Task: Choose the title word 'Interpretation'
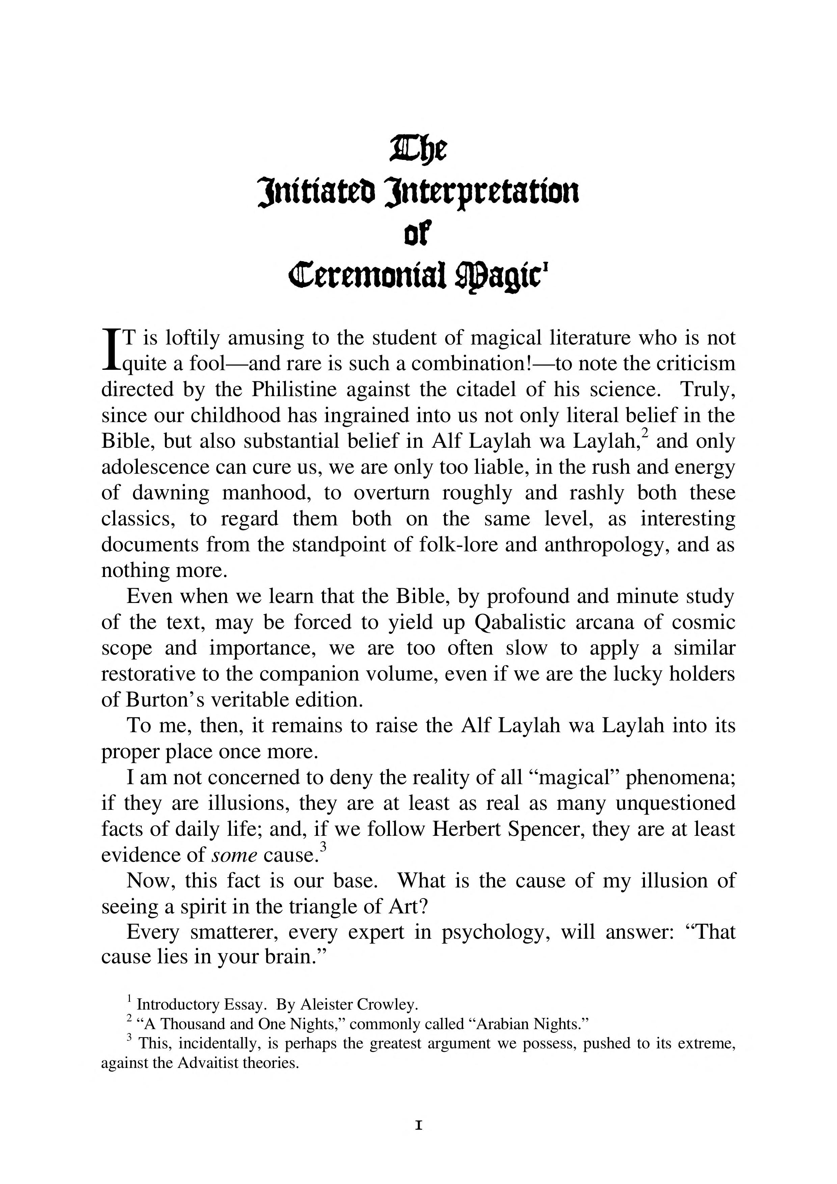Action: [482, 192]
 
